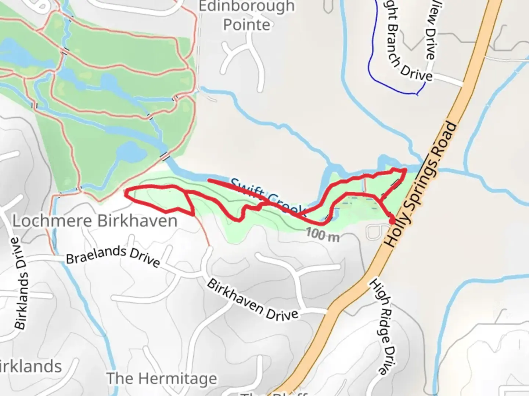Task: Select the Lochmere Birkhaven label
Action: (x=95, y=221)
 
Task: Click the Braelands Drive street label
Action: (x=113, y=256)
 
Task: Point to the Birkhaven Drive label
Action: (x=253, y=300)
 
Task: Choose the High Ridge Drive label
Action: (x=382, y=326)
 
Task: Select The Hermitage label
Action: (x=162, y=378)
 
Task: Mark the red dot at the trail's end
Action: (x=392, y=221)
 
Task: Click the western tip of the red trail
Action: (x=126, y=192)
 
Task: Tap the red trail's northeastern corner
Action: (x=405, y=170)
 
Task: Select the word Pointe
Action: (x=246, y=25)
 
